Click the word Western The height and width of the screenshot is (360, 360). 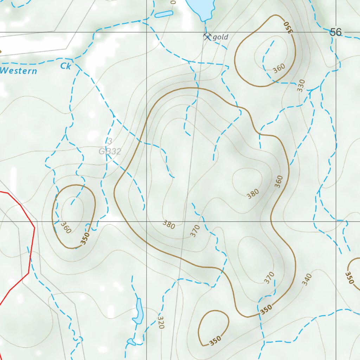(18, 71)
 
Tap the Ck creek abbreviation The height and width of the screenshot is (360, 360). (66, 66)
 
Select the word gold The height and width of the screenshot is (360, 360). (220, 37)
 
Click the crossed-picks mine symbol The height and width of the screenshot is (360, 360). (207, 36)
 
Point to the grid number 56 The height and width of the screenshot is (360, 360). (335, 32)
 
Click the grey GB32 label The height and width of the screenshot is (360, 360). (110, 152)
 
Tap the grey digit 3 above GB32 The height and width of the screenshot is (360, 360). (110, 141)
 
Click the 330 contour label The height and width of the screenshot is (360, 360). (301, 85)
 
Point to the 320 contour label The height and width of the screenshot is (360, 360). (161, 322)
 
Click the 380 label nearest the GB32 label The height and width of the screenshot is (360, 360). (169, 224)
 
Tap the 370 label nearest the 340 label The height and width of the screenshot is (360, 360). (269, 278)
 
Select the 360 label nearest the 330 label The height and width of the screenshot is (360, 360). (279, 68)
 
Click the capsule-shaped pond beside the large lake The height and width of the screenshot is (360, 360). (164, 14)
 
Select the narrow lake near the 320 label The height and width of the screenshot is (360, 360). (138, 311)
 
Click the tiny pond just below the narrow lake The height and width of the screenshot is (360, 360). (131, 342)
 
